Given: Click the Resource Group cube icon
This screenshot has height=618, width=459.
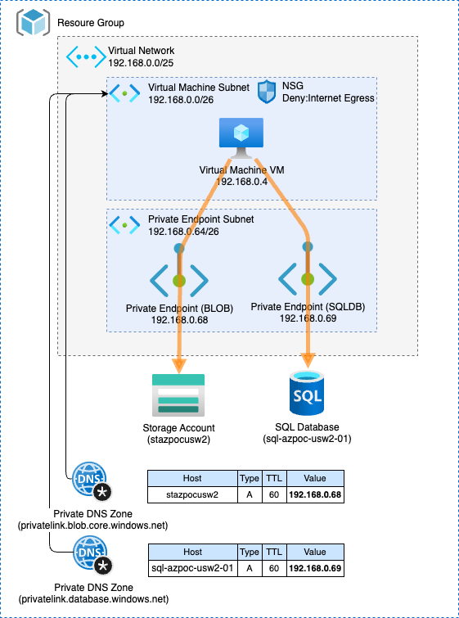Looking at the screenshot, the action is point(34,22).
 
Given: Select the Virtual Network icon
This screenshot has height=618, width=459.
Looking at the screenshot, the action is point(84,56).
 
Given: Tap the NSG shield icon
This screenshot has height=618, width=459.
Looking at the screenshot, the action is point(267,92).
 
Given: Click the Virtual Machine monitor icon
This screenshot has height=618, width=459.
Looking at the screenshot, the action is point(241,138).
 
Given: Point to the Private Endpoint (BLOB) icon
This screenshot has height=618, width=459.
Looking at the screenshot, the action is point(179,280).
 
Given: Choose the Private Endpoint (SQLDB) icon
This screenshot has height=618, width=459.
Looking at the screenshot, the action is point(308,278).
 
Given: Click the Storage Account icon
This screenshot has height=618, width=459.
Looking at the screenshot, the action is point(178,395).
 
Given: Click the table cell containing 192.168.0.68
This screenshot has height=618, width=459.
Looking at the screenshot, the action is point(315,494).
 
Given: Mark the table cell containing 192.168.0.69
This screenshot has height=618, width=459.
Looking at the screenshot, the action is point(315,569).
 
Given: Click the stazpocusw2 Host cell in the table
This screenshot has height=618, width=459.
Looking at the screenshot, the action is point(192,494).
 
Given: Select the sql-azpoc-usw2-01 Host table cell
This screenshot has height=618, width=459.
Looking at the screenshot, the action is point(192,569).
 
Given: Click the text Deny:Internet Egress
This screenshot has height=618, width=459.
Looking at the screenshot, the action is point(328,97).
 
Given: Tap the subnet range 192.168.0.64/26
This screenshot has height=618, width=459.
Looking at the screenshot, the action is point(183,232).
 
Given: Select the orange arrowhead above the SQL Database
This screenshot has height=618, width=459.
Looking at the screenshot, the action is point(308,362).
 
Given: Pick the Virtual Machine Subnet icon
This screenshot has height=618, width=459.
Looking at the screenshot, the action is point(124,93).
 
